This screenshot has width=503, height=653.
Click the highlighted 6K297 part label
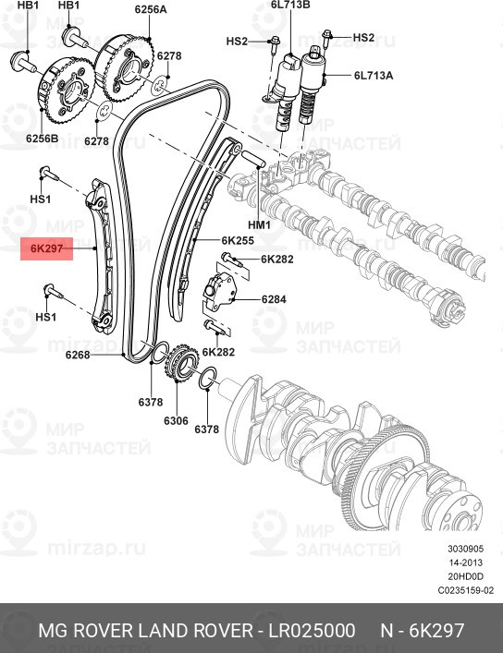[x=47, y=248]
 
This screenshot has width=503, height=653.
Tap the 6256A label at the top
[x=151, y=9]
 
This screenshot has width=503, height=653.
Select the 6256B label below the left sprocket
[x=42, y=139]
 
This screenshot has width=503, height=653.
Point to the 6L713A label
[x=374, y=76]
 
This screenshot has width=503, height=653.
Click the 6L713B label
[x=290, y=5]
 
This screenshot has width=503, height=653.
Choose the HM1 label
[x=259, y=224]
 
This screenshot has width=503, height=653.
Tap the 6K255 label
[x=238, y=240]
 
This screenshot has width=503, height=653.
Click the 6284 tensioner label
[x=274, y=299]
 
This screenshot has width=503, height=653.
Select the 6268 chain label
[x=78, y=355]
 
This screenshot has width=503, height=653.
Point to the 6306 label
[x=176, y=420]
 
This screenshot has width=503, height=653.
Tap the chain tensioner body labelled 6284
[x=219, y=292]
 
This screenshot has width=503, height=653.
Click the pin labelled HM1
[x=253, y=159]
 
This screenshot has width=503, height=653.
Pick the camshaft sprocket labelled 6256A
[x=124, y=67]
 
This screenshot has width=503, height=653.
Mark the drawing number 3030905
[x=466, y=549]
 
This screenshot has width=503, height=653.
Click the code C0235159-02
[x=466, y=590]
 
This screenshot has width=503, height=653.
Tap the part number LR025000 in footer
[x=312, y=631]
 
